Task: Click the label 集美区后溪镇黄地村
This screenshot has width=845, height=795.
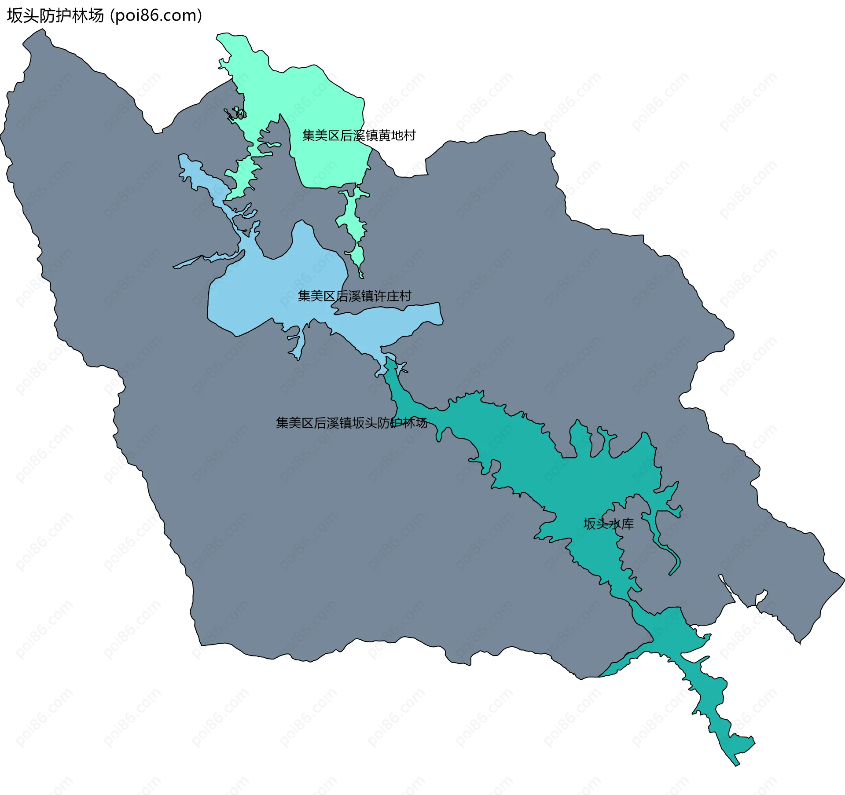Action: coord(359,136)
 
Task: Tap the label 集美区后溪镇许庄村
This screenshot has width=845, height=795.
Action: coord(354,296)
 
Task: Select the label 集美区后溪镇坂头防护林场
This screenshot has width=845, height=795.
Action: coord(351,423)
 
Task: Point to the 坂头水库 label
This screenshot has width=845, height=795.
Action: coord(608,524)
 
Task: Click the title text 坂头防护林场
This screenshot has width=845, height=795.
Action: coord(55,15)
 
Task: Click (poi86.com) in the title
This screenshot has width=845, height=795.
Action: coord(156,15)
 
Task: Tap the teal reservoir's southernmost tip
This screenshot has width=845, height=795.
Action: coord(737,765)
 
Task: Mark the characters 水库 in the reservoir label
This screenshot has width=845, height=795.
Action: coord(621,524)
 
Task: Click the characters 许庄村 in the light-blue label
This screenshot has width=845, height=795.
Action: coord(392,296)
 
